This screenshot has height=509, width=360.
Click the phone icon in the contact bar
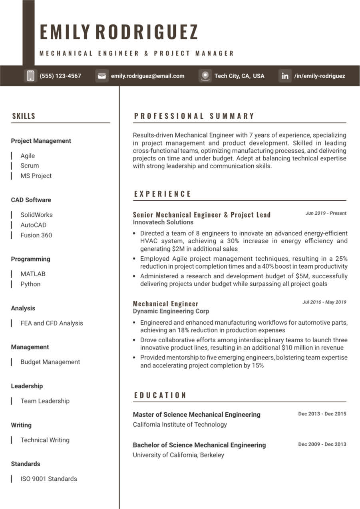pyautogui.click(x=30, y=76)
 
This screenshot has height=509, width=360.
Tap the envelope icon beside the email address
pyautogui.click(x=102, y=76)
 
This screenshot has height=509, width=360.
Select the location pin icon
pyautogui.click(x=205, y=76)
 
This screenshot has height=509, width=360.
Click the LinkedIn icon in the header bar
pyautogui.click(x=285, y=76)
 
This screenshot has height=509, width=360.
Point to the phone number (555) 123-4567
pyautogui.click(x=60, y=76)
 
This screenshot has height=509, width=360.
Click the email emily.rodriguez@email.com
pyautogui.click(x=148, y=76)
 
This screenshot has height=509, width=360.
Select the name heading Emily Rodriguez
pyautogui.click(x=119, y=32)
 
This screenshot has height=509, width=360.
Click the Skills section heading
pyautogui.click(x=24, y=116)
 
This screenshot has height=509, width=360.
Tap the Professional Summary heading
pyautogui.click(x=194, y=116)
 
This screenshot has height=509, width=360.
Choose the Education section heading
pyautogui.click(x=160, y=395)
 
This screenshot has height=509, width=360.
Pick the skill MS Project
pyautogui.click(x=36, y=176)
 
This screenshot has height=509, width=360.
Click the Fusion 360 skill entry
pyautogui.click(x=36, y=235)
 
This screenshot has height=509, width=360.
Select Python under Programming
pyautogui.click(x=30, y=284)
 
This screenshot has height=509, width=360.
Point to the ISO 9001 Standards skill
pyautogui.click(x=49, y=479)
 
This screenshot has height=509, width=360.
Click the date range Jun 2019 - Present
pyautogui.click(x=326, y=213)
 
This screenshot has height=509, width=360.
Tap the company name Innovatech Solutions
pyautogui.click(x=163, y=222)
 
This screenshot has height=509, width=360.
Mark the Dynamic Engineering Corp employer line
pyautogui.click(x=171, y=311)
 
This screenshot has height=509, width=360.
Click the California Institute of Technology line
pyautogui.click(x=180, y=425)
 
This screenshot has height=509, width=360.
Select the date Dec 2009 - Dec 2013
pyautogui.click(x=322, y=444)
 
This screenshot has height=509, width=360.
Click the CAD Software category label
pyautogui.click(x=31, y=200)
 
